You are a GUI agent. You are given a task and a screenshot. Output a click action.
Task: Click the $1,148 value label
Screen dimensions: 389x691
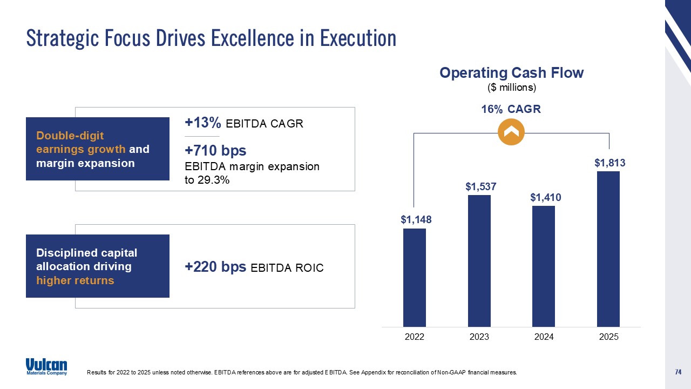coord(416,219)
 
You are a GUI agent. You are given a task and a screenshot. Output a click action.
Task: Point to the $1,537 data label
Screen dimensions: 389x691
coord(480,186)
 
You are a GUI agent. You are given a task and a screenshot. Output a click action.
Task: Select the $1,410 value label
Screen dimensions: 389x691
coord(545,198)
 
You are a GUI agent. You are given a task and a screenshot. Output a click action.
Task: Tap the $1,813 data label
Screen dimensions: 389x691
coord(610,163)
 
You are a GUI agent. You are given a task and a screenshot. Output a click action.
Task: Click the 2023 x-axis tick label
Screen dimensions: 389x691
coord(479,337)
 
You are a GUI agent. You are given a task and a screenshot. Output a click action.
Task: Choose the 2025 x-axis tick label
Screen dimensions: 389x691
coord(608,337)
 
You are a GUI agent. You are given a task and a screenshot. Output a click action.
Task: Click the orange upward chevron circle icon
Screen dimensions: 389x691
coord(511,132)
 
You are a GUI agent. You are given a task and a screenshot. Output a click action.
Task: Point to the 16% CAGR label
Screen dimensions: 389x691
coord(511,109)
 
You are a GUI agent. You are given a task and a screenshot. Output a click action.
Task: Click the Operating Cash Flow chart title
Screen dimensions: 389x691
coord(511,73)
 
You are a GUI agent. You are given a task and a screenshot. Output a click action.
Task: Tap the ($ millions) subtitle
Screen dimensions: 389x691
coord(511,87)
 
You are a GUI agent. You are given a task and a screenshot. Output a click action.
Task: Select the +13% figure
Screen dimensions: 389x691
coord(203,123)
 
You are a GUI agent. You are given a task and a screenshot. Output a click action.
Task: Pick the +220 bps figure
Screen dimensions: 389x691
coord(215,267)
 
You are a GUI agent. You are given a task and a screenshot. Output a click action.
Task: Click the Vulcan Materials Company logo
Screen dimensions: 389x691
coord(46,366)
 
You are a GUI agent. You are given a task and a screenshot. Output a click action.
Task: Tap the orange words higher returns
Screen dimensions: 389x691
coord(75,280)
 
